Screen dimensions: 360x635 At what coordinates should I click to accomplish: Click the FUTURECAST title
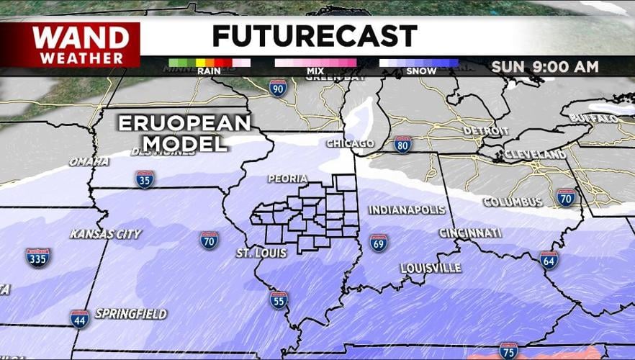(315, 36)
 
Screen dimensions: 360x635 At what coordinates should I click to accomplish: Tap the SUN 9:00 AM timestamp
(545, 67)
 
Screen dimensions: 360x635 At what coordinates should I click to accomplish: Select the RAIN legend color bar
(209, 63)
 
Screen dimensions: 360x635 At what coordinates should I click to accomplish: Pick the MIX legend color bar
(315, 63)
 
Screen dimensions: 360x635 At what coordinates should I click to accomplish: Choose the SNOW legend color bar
(418, 63)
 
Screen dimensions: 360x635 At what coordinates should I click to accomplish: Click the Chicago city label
(350, 143)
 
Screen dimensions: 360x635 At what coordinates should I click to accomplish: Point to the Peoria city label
(287, 179)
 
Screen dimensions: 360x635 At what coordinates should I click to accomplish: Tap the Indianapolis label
(407, 210)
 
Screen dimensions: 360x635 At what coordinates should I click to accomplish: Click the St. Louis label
(261, 253)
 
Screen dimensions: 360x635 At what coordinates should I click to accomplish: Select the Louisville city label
(431, 268)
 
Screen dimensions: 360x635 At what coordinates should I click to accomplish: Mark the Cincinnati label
(470, 233)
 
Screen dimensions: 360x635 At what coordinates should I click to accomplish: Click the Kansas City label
(106, 234)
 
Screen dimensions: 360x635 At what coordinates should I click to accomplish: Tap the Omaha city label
(89, 161)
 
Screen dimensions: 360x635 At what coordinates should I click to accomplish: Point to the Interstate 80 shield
(403, 145)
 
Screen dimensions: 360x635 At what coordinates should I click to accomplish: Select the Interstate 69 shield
(379, 243)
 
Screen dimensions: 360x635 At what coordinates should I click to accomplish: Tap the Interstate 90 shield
(278, 88)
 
